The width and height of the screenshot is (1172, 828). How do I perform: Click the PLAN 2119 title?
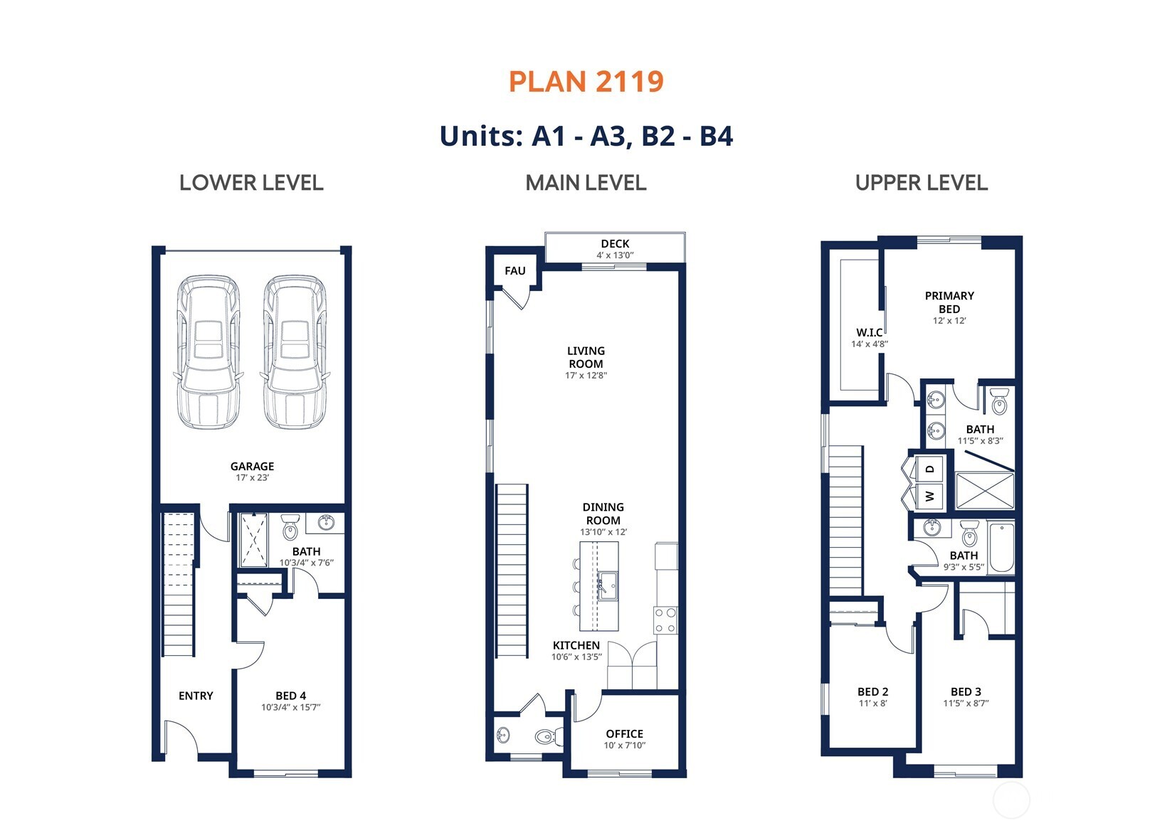586,82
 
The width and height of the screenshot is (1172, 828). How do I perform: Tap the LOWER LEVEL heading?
251,183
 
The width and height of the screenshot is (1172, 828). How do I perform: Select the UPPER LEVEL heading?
922,183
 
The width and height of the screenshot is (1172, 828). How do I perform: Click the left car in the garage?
208,352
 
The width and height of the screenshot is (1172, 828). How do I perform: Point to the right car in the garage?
295,352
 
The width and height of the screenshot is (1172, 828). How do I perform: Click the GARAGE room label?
252,466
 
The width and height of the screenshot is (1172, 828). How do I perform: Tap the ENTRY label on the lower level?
196,696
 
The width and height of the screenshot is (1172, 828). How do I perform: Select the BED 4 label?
291,696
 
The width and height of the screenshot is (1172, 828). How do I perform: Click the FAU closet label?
515,270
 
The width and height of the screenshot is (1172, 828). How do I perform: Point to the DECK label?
616,244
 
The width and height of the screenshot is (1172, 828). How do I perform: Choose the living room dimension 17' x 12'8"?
586,375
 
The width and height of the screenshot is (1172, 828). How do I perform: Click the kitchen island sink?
608,586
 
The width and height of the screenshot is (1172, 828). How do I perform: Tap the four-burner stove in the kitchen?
665,620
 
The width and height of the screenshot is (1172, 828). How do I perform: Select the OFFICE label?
625,734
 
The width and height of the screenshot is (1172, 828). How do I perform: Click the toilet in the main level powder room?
549,736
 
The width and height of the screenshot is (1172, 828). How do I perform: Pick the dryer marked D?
929,469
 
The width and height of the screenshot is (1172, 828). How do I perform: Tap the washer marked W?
929,496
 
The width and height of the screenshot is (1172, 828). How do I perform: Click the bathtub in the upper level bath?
1001,548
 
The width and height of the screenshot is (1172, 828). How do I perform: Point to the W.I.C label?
870,333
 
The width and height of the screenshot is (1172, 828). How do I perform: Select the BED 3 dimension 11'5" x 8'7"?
966,704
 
